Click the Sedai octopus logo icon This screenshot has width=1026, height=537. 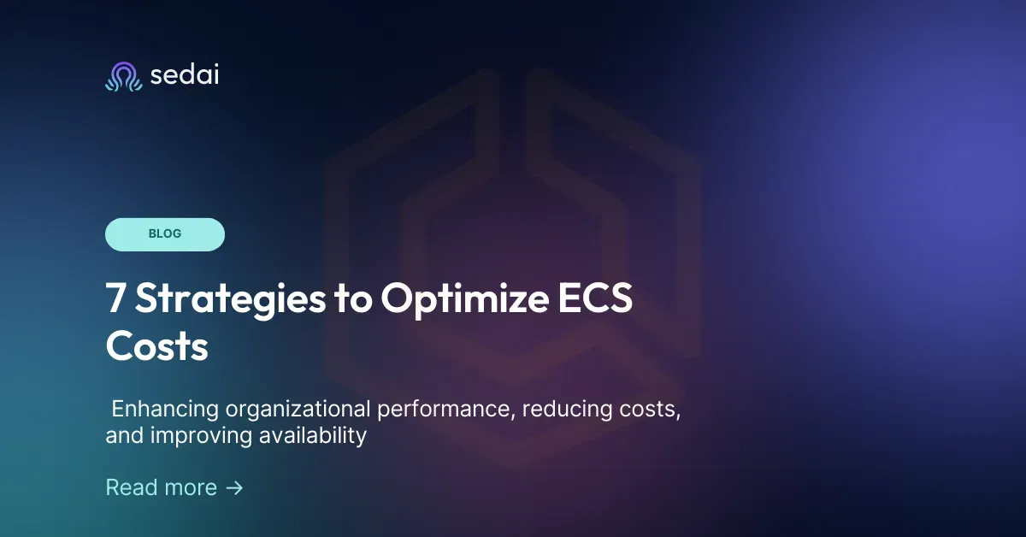(122, 76)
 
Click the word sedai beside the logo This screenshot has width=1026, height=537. (184, 75)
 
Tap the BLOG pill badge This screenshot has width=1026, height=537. (165, 234)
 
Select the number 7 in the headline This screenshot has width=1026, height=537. (115, 300)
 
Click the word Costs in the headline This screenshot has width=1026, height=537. (156, 347)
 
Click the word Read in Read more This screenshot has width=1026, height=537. (130, 487)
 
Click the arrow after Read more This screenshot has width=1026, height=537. (234, 487)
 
